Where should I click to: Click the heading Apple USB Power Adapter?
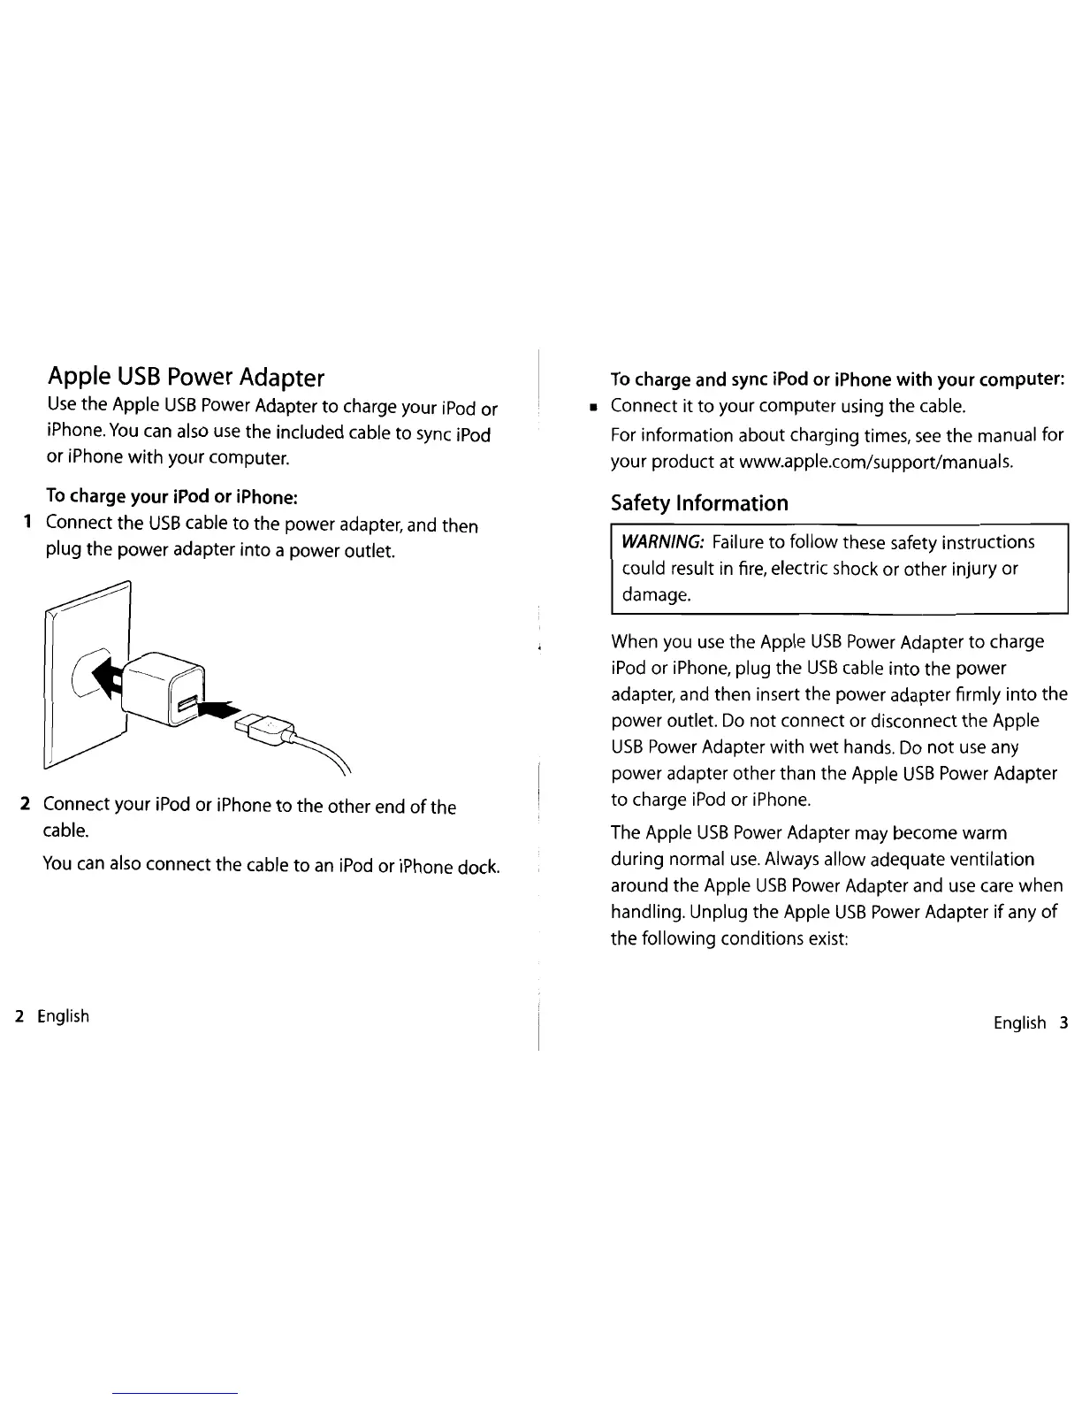point(186,378)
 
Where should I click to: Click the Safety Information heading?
point(699,503)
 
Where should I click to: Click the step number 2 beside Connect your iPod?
point(27,804)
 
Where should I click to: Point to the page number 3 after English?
point(1063,1022)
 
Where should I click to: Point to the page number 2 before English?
point(19,1015)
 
